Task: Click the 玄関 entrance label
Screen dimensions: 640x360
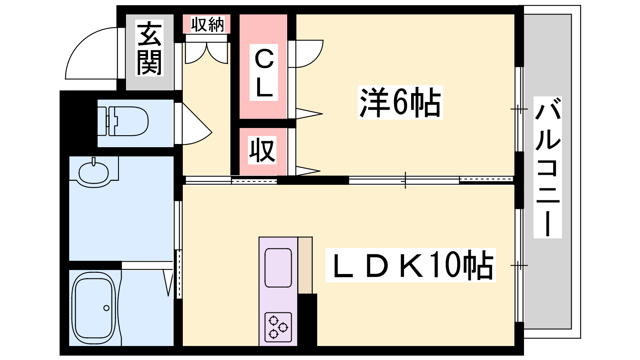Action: click(150, 48)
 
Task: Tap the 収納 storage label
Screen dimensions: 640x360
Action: click(208, 24)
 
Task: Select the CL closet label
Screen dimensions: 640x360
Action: click(264, 72)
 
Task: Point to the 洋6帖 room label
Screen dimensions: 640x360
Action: click(400, 102)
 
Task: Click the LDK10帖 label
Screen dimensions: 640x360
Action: click(411, 265)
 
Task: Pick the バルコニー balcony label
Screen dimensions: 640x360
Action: click(548, 167)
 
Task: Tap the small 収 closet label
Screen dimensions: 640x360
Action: click(262, 150)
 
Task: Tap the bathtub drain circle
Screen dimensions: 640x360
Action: click(106, 308)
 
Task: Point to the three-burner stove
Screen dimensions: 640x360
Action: click(278, 327)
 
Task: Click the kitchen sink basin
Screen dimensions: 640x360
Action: click(278, 268)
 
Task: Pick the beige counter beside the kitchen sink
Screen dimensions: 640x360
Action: click(305, 265)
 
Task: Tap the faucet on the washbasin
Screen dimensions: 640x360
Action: click(94, 162)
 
